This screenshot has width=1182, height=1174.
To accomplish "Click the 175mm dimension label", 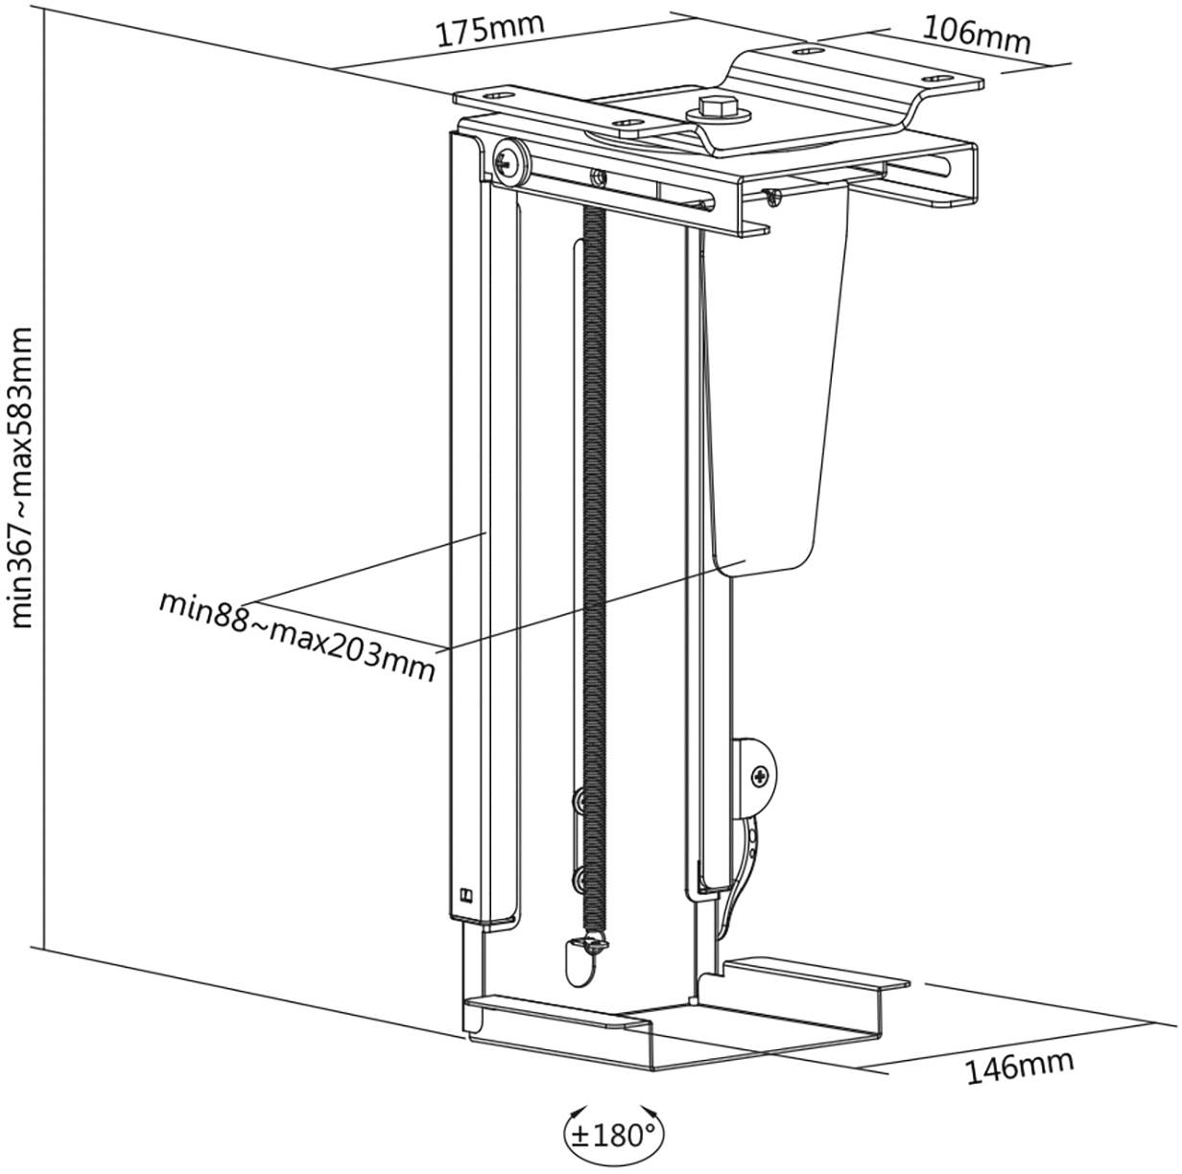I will tap(490, 30).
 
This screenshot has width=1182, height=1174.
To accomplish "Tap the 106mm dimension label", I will tap(976, 35).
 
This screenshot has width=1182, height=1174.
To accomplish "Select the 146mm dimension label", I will tap(1019, 1066).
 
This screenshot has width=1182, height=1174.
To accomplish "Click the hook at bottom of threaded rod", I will tap(579, 955).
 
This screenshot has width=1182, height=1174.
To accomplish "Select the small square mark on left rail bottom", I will tap(467, 897).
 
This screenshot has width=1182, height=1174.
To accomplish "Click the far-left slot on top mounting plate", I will tap(497, 97).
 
